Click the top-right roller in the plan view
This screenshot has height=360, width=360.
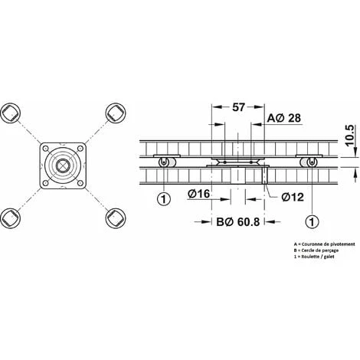114,113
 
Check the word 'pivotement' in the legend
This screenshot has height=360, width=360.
338,244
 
